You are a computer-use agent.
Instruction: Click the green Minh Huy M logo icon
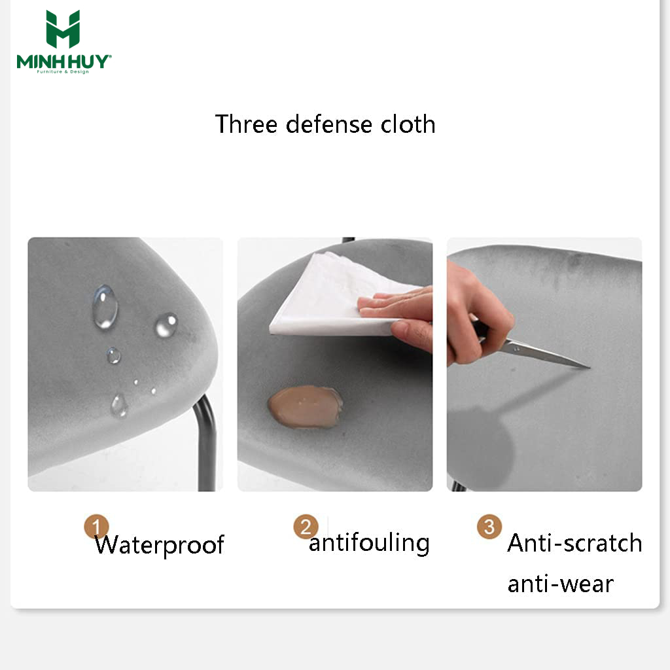pos(63,29)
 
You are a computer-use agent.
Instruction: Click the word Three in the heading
pos(246,124)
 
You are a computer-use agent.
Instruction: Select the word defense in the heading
pos(329,124)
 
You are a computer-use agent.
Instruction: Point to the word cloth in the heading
pos(408,124)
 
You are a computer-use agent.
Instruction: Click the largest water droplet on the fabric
pos(105,306)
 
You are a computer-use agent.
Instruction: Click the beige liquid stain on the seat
pos(305,407)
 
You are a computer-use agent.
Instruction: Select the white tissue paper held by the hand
pos(338,295)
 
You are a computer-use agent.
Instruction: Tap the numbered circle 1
pos(96,526)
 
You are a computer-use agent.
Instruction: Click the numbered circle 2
pos(306,527)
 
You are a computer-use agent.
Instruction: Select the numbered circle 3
pos(489,527)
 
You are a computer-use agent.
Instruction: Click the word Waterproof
pos(160,545)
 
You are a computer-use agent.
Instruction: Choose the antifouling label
pos(369,543)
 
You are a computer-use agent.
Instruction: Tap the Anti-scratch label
pos(574,543)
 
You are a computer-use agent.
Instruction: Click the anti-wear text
pos(561,584)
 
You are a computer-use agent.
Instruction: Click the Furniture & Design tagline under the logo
pos(63,72)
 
